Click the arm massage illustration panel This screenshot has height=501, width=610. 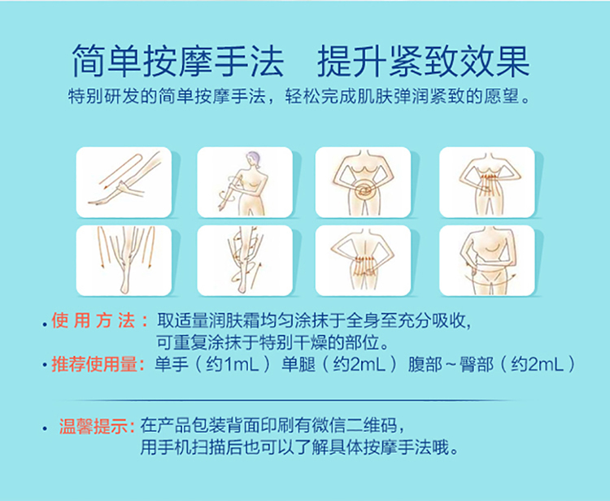[x=124, y=182]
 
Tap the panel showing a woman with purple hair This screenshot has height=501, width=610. [x=245, y=182]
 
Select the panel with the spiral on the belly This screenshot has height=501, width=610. [x=363, y=182]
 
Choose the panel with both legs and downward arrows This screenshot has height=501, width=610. [x=124, y=260]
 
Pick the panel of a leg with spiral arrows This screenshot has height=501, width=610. [x=245, y=260]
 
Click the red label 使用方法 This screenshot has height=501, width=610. [x=99, y=321]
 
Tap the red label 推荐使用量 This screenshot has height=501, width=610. [x=98, y=364]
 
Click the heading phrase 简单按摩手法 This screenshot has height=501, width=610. [x=178, y=62]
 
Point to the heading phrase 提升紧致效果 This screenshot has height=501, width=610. [x=423, y=62]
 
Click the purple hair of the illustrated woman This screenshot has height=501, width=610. [x=252, y=157]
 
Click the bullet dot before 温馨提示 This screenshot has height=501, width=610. [x=45, y=429]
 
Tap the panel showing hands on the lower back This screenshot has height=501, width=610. [x=363, y=260]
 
